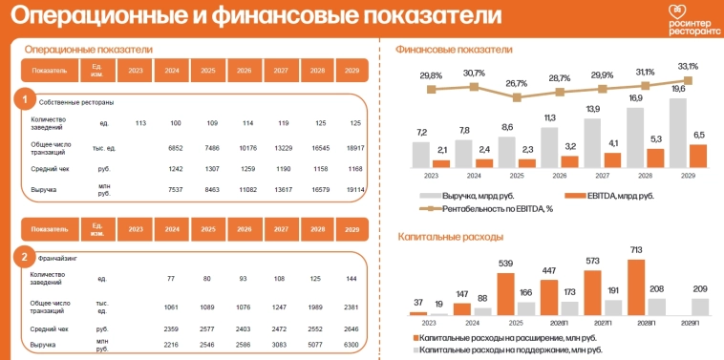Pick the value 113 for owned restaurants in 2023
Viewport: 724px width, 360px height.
pos(139,123)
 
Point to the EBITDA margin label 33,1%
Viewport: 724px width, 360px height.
pos(687,67)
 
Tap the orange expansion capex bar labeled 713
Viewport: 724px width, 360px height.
pos(635,287)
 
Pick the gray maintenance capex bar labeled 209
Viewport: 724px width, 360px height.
pos(699,306)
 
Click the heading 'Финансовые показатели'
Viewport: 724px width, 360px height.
pos(454,50)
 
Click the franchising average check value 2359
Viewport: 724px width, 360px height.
pos(175,327)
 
